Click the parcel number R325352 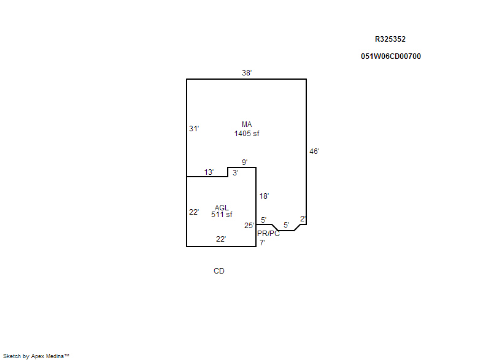390,39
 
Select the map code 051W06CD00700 391,56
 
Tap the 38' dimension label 247,73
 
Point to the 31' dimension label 194,129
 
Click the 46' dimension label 314,151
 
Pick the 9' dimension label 244,163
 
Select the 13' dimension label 209,172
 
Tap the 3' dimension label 236,173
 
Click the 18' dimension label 264,196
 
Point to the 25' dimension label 249,226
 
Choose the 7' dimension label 263,242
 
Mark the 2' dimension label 303,219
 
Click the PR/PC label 268,234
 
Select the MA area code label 247,124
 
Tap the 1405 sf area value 247,134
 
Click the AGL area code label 222,208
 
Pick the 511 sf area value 222,215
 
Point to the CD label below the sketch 219,271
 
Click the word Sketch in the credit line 12,356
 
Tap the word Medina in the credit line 55,356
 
